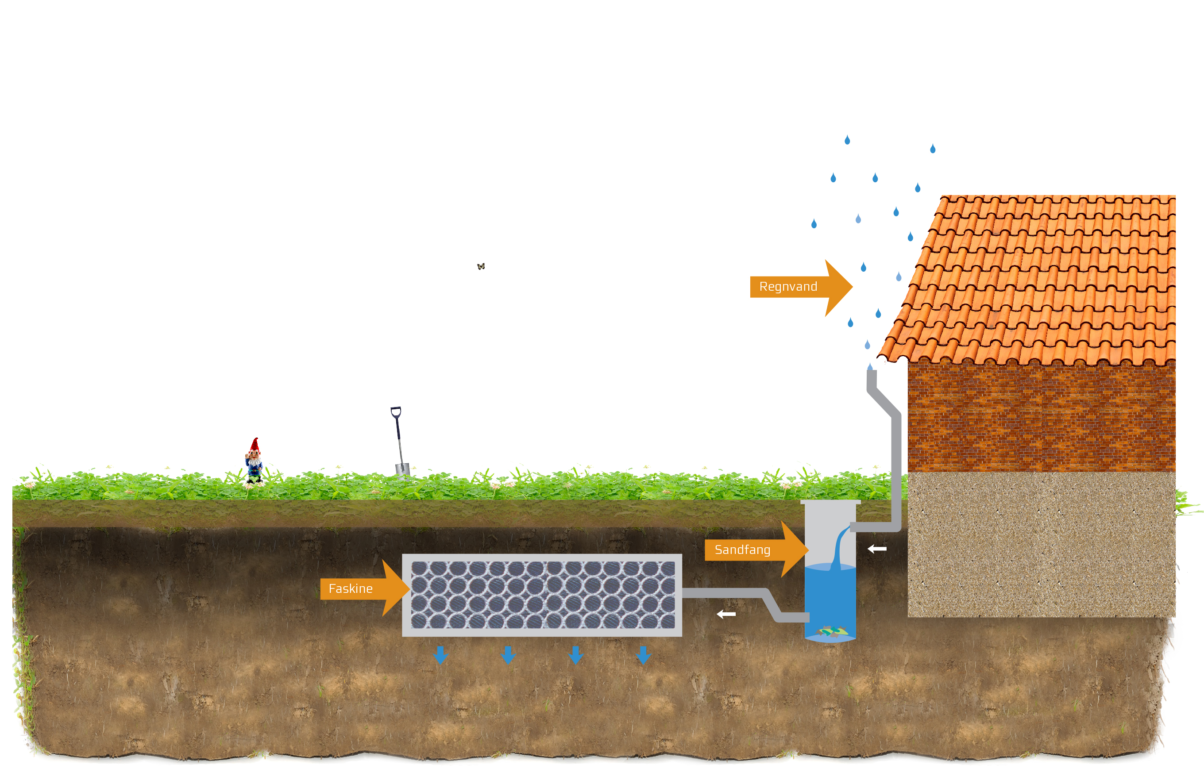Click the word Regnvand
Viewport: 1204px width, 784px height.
(x=787, y=287)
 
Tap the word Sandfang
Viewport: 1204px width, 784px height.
(x=742, y=550)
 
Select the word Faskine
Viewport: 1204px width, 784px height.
(x=351, y=589)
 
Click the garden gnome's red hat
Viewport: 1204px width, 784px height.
(x=255, y=445)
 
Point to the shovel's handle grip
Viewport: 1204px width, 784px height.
(x=396, y=411)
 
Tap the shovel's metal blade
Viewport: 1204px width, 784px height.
(x=402, y=469)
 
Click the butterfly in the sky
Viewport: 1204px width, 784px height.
(x=481, y=266)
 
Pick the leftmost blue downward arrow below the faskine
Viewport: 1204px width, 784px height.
(x=440, y=654)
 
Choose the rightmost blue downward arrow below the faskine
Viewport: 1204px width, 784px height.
(x=643, y=654)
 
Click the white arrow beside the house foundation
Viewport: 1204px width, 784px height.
(x=877, y=549)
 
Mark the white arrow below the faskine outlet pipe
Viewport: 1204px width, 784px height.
(x=726, y=614)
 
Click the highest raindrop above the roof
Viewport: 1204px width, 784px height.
(x=847, y=140)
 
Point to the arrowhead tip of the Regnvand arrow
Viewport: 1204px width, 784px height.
(x=852, y=287)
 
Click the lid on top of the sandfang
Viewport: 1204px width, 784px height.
(x=830, y=502)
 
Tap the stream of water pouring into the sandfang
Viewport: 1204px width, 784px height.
(x=838, y=549)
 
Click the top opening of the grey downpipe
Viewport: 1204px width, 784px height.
(x=872, y=372)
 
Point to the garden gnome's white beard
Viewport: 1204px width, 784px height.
(x=254, y=462)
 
